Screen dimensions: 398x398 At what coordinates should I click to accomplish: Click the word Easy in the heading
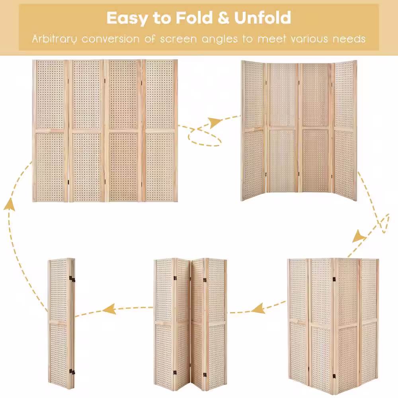[127, 18]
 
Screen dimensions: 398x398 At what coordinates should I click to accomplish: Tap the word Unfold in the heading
[262, 18]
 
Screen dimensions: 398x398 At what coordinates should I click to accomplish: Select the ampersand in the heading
[223, 18]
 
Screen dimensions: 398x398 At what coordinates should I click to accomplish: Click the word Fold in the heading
[194, 18]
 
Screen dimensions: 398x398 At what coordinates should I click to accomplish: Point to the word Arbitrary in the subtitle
[54, 39]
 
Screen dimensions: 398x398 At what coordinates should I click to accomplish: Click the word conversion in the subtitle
[111, 39]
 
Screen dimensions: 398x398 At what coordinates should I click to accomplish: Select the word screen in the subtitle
[178, 39]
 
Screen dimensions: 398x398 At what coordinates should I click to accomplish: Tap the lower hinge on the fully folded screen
[72, 373]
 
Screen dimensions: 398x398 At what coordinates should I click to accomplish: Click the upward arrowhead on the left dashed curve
[9, 205]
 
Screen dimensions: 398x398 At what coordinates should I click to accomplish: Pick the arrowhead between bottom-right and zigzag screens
[258, 308]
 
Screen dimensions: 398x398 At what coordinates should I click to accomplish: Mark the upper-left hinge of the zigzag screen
[175, 279]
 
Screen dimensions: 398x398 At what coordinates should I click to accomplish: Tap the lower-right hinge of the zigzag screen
[205, 375]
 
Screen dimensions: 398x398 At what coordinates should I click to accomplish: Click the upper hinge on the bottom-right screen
[334, 279]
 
